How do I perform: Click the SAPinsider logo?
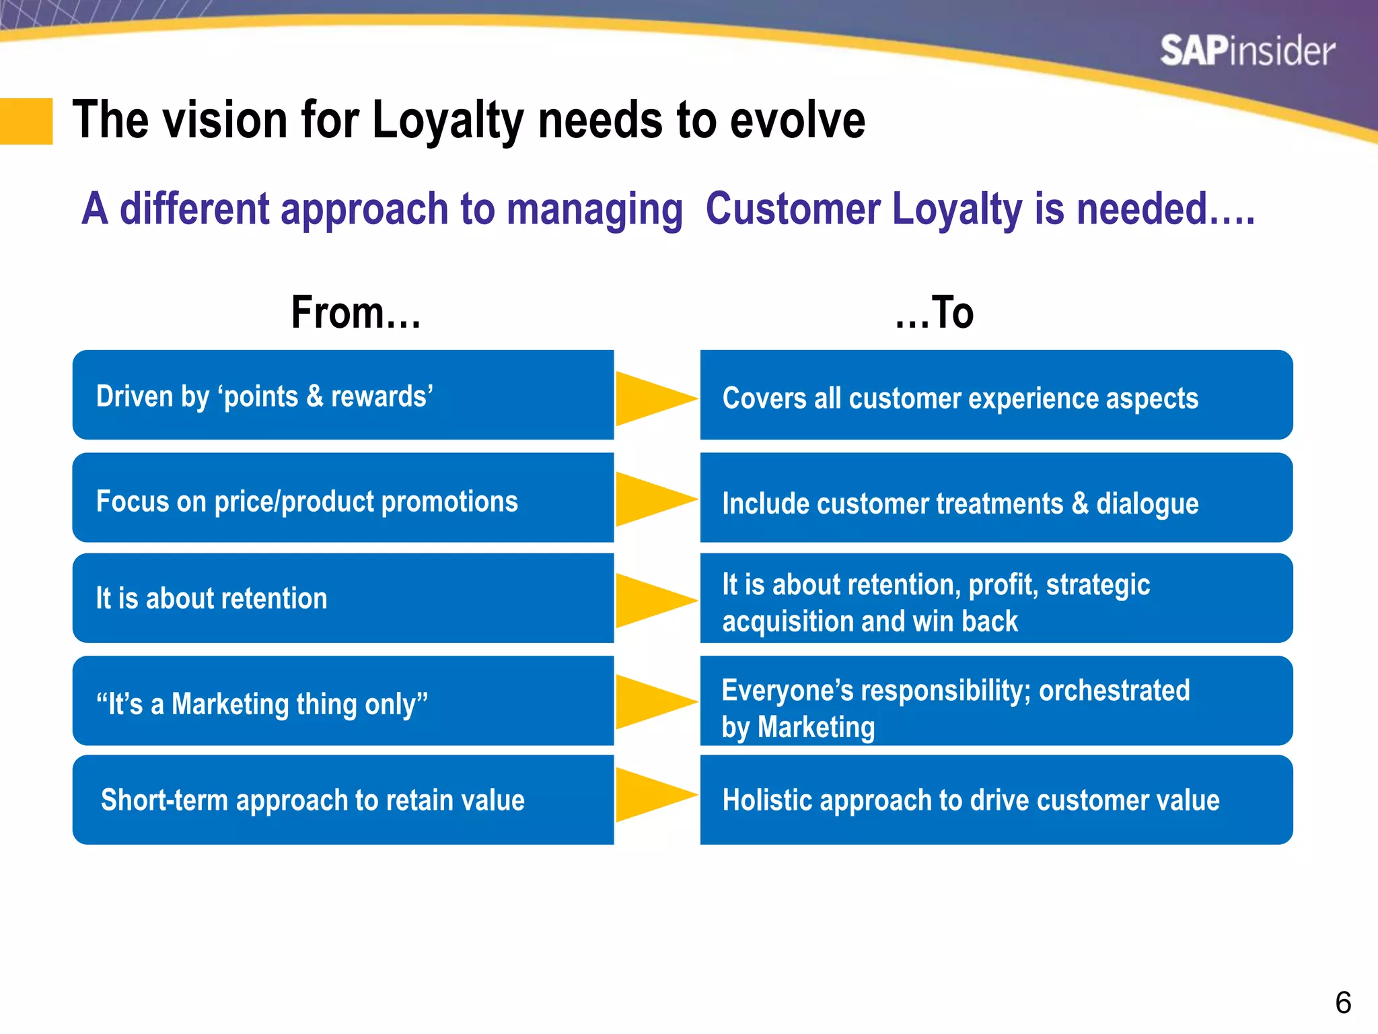(1247, 51)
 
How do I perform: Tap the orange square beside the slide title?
(26, 121)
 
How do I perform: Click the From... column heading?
(356, 313)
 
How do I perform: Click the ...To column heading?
(934, 313)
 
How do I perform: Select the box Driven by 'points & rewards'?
(343, 395)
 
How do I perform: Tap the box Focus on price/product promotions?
(343, 498)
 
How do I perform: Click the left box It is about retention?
(343, 598)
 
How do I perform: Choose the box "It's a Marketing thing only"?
(343, 701)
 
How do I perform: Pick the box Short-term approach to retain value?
(343, 800)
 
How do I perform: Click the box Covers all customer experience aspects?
(996, 395)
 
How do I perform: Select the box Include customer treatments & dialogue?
(996, 498)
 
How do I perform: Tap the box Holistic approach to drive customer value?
(996, 800)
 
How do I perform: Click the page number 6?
(1343, 1003)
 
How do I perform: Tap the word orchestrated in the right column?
(1114, 691)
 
